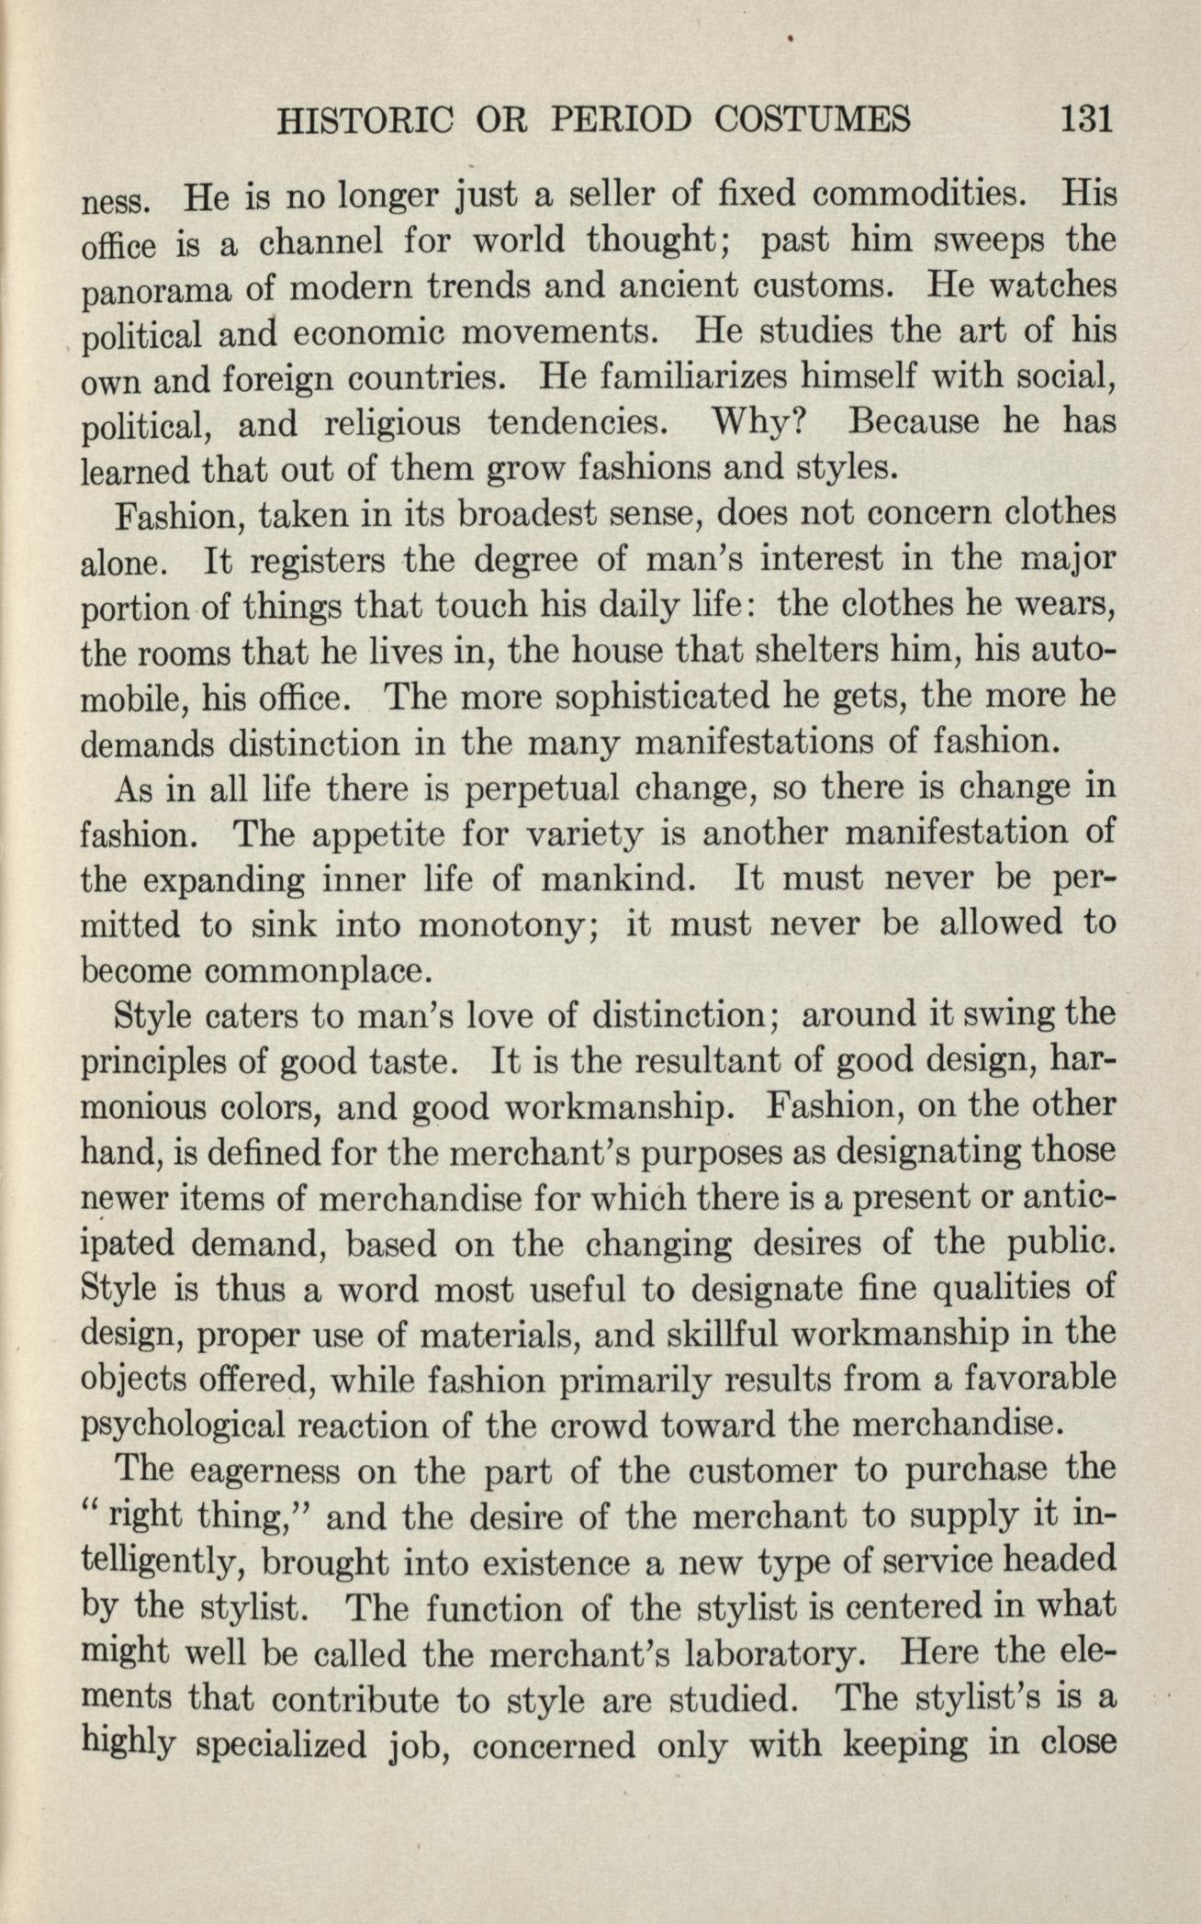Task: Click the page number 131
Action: [1086, 119]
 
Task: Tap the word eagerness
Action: [258, 1471]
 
